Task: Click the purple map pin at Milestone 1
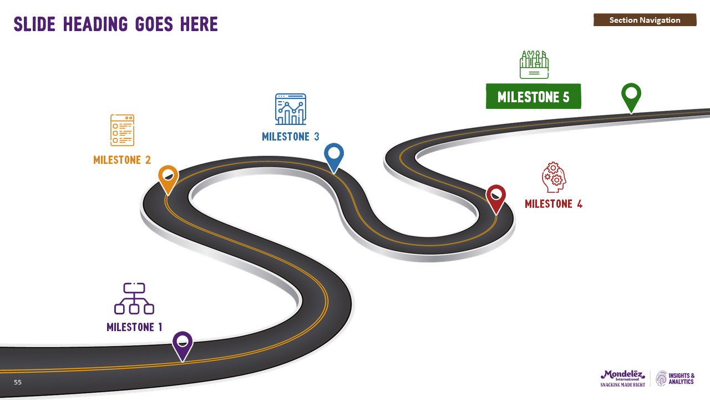pyautogui.click(x=182, y=344)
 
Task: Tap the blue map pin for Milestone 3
pyautogui.click(x=334, y=156)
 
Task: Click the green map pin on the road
pyautogui.click(x=631, y=96)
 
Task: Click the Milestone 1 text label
pyautogui.click(x=134, y=327)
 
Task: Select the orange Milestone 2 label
pyautogui.click(x=122, y=160)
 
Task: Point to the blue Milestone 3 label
pyautogui.click(x=291, y=137)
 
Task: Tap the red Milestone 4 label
pyautogui.click(x=554, y=204)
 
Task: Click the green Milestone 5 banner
pyautogui.click(x=533, y=97)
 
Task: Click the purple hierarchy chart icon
pyautogui.click(x=134, y=299)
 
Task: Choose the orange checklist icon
pyautogui.click(x=122, y=131)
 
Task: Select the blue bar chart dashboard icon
pyautogui.click(x=291, y=109)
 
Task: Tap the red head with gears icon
pyautogui.click(x=554, y=177)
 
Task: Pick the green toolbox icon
pyautogui.click(x=534, y=65)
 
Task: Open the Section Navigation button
pyautogui.click(x=645, y=20)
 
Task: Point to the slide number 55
pyautogui.click(x=18, y=382)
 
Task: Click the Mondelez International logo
pyautogui.click(x=622, y=378)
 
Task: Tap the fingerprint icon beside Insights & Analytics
pyautogui.click(x=662, y=378)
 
